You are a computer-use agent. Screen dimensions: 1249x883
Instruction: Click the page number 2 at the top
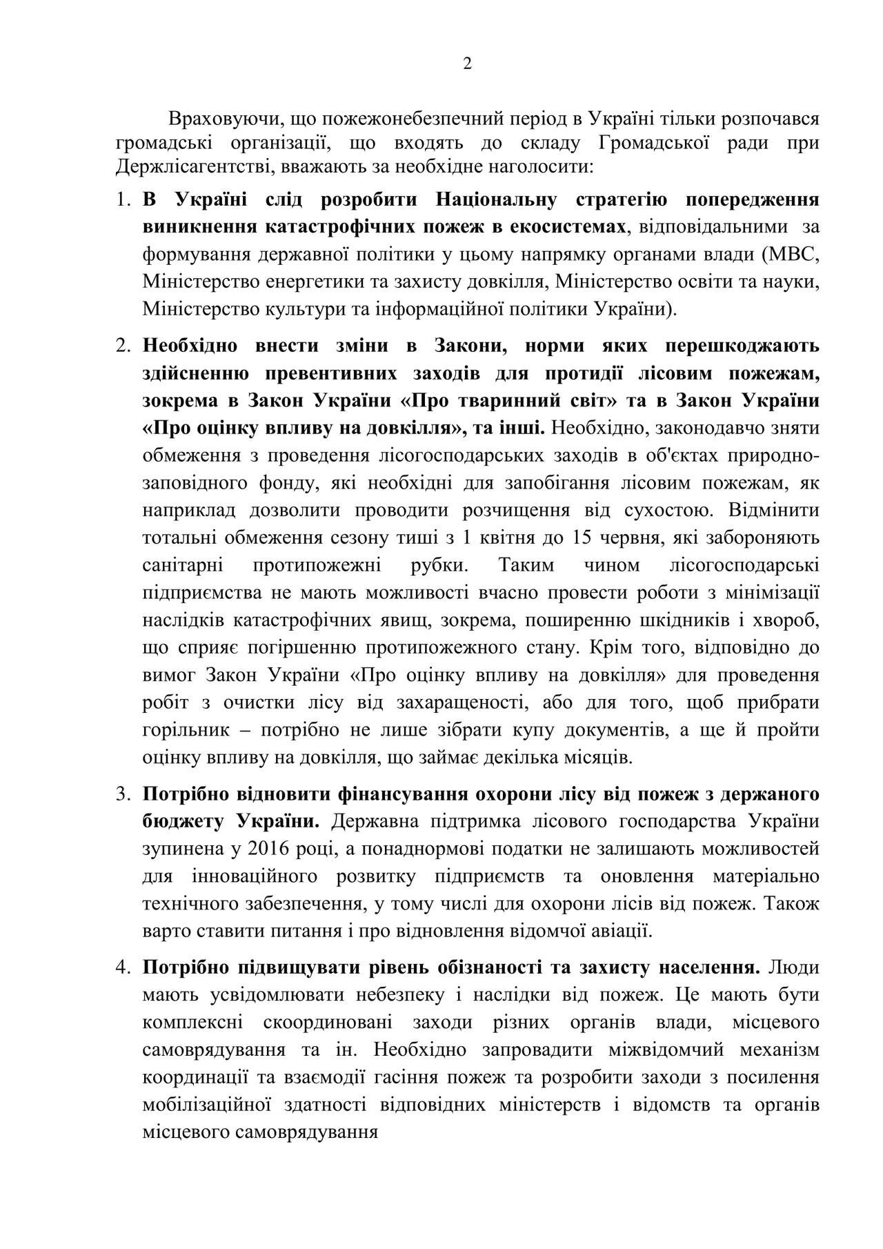coord(467,64)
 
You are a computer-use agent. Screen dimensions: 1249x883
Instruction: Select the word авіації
coord(619,932)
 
